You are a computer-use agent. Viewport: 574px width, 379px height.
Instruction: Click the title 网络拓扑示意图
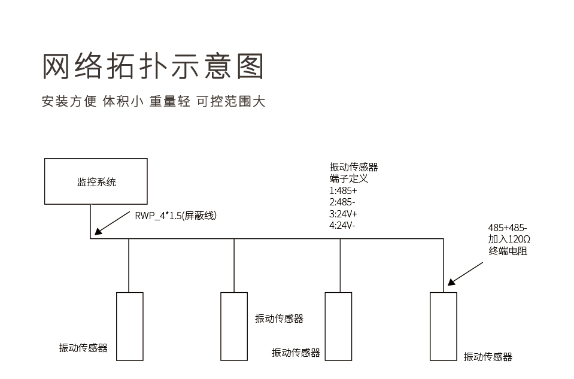153,66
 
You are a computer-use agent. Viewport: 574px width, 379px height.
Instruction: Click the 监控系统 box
96,182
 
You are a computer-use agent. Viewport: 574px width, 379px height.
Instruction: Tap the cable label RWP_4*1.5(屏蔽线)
175,216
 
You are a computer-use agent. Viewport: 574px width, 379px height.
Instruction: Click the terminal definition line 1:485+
343,190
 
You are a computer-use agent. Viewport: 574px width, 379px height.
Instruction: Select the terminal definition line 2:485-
342,202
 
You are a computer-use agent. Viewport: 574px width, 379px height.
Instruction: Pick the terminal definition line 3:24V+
344,214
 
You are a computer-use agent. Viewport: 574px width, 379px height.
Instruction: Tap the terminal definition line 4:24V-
343,225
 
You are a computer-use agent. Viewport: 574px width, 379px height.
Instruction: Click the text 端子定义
348,178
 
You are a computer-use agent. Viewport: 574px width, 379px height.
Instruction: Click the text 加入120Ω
509,239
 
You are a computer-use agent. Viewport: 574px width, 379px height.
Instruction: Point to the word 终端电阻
508,251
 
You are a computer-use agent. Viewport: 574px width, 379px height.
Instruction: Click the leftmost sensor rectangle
129,326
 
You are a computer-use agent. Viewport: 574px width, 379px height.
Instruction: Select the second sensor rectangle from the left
234,326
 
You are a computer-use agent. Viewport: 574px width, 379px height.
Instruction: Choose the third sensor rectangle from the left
338,326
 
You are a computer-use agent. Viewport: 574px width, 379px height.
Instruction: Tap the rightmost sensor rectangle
444,326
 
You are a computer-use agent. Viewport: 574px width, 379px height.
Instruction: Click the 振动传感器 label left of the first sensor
83,348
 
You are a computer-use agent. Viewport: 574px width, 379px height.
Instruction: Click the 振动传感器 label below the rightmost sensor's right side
488,357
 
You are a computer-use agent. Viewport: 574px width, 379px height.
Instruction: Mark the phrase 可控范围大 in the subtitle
230,101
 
